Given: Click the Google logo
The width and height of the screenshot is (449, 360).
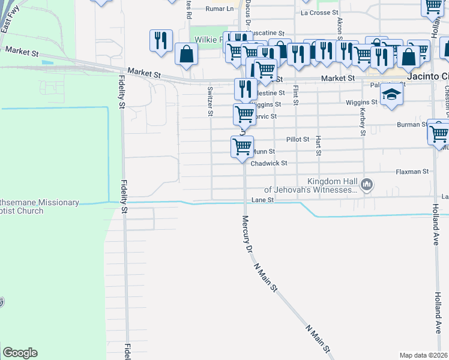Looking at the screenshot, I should coord(20,353).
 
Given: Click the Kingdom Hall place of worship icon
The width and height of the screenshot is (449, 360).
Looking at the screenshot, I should coord(368,185).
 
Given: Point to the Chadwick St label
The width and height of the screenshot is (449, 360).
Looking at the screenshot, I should coord(269,163).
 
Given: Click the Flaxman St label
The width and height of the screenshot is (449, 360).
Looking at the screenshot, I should coord(412,172).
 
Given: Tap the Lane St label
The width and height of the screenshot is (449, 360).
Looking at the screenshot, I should coord(263,200).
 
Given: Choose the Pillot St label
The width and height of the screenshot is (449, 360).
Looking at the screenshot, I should coord(297,139).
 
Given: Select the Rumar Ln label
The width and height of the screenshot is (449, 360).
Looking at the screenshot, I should coord(219,9).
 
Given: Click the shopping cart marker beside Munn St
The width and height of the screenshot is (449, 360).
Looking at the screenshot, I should coord(243,147).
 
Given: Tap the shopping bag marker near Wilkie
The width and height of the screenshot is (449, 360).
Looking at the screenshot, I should coord(187,54).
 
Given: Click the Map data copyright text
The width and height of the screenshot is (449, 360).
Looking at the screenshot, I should coord(424,355).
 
